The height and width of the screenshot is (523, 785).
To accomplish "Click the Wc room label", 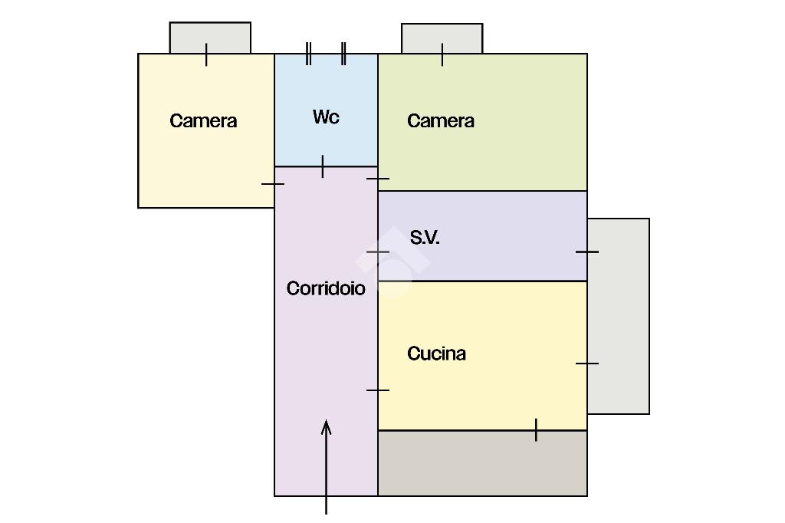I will (x=326, y=117).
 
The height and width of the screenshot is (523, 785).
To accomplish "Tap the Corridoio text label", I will (x=326, y=288).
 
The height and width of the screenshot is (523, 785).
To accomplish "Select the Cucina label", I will (x=436, y=354).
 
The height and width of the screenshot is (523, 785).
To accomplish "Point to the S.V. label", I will (x=425, y=238).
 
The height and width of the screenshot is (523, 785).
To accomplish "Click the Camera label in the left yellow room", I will (x=203, y=121).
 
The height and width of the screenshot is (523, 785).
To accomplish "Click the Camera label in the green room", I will (x=441, y=121).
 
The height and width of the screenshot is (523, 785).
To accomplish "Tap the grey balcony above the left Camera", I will (x=210, y=37).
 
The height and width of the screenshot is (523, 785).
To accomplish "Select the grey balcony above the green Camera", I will (x=442, y=38).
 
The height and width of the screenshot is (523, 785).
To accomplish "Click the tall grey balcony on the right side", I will (x=619, y=316).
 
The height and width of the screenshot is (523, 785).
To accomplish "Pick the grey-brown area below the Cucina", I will (x=482, y=463).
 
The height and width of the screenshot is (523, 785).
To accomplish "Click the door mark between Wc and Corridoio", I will (x=323, y=166).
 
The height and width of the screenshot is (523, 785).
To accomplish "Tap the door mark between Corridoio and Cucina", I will (x=378, y=390).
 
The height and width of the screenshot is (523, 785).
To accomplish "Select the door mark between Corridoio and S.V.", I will (x=378, y=252).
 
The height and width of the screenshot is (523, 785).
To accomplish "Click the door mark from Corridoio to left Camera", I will (x=274, y=184).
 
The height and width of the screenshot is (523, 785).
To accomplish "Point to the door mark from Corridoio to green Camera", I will (x=378, y=179).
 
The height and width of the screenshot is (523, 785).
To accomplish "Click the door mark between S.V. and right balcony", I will (x=587, y=252).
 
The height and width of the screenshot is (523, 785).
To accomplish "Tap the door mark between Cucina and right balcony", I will (x=587, y=363).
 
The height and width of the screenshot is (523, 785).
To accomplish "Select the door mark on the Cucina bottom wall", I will (x=536, y=430).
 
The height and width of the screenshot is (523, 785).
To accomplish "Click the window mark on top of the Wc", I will (x=326, y=54).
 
